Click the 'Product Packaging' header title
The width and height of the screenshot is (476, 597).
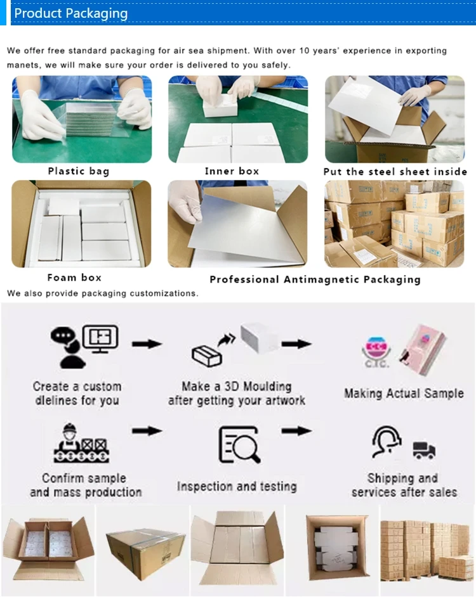pos(70,13)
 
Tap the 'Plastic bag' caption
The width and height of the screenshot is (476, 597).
pos(79,171)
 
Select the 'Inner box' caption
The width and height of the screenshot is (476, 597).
pos(232,171)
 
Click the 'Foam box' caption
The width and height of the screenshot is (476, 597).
pos(74,278)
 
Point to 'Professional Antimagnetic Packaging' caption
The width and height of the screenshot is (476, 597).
pos(315,279)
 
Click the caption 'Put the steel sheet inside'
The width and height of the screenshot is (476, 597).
pos(395,172)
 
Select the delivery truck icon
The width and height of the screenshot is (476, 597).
pos(423,451)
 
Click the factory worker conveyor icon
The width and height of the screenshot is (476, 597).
pos(81,444)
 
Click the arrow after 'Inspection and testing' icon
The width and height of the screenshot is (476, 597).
pos(296,431)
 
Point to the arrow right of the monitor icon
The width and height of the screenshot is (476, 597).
pos(147,343)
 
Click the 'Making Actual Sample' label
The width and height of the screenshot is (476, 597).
pos(404,393)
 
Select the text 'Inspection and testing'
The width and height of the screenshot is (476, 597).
pos(237,487)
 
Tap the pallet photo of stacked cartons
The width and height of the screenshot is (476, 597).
pos(427,549)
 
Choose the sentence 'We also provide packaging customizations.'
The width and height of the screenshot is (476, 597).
pos(103,293)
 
